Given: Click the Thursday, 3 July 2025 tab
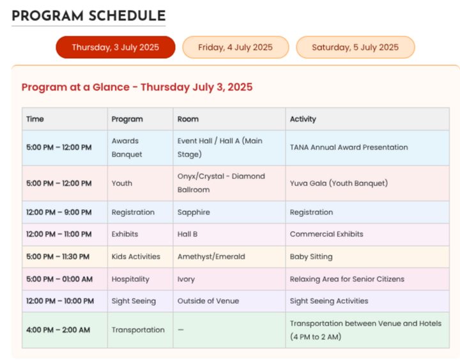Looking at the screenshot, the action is point(116,47).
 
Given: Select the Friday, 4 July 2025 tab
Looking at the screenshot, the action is point(236,47).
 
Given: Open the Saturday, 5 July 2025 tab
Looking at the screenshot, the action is point(355,47).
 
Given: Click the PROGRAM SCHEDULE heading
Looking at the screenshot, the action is point(89,16).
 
